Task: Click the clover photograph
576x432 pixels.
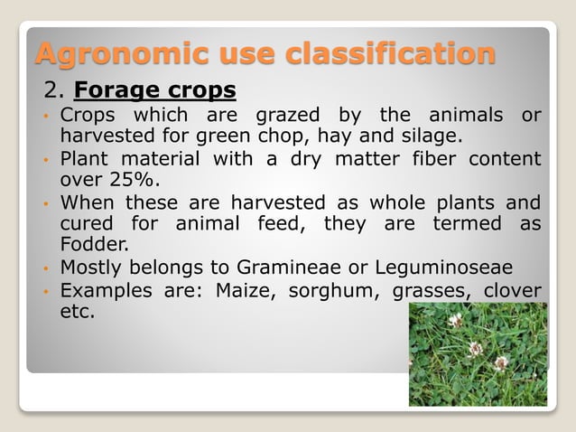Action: click(x=478, y=353)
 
